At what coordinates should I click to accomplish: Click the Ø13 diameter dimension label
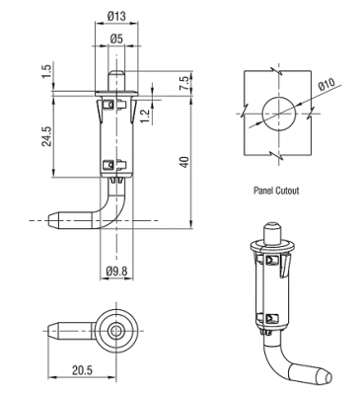[116, 16]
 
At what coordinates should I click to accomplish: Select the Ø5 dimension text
[116, 39]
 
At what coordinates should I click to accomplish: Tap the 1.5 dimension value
[47, 72]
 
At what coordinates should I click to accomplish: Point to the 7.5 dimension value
[184, 84]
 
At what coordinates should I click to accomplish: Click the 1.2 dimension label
[145, 117]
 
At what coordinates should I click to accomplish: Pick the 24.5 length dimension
[47, 136]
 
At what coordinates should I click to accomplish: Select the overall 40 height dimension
[185, 162]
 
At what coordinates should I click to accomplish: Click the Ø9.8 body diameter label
[116, 272]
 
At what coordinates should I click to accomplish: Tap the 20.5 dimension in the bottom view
[82, 370]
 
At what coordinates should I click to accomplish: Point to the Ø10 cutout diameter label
[326, 85]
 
